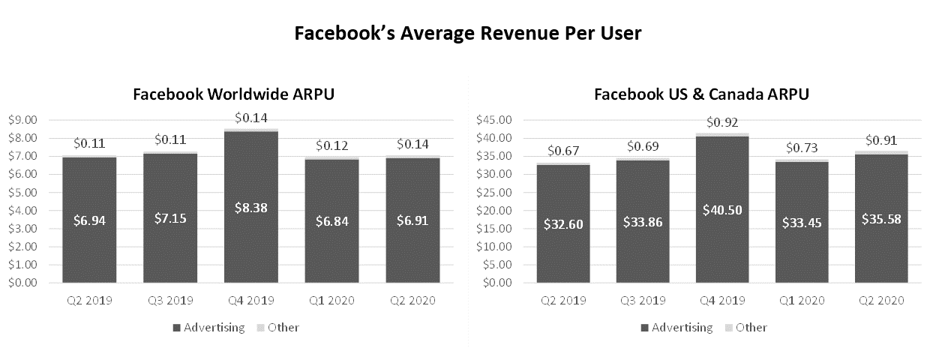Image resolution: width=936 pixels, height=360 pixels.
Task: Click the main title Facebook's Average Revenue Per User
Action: [467, 34]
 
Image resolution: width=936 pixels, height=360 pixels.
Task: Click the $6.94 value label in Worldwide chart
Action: [89, 221]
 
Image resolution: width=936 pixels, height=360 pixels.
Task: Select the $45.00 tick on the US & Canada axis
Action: [495, 120]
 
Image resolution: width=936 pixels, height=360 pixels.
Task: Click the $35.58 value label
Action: [881, 221]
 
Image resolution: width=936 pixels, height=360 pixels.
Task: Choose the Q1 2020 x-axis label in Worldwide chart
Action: [332, 301]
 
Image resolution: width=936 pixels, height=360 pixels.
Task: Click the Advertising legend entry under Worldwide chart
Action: [209, 328]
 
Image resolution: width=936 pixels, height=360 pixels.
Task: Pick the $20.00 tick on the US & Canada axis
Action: [495, 211]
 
